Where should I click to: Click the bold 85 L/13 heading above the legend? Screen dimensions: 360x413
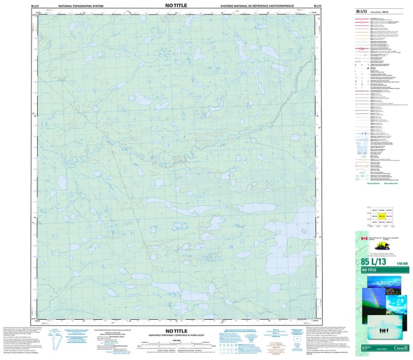pos(362,10)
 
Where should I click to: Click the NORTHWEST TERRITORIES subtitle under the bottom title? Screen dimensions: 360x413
pos(177,335)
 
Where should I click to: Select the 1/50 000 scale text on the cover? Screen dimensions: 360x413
pos(402,263)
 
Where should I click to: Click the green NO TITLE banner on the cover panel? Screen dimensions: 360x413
pos(382,270)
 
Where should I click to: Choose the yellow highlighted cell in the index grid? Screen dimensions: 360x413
pos(383,217)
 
